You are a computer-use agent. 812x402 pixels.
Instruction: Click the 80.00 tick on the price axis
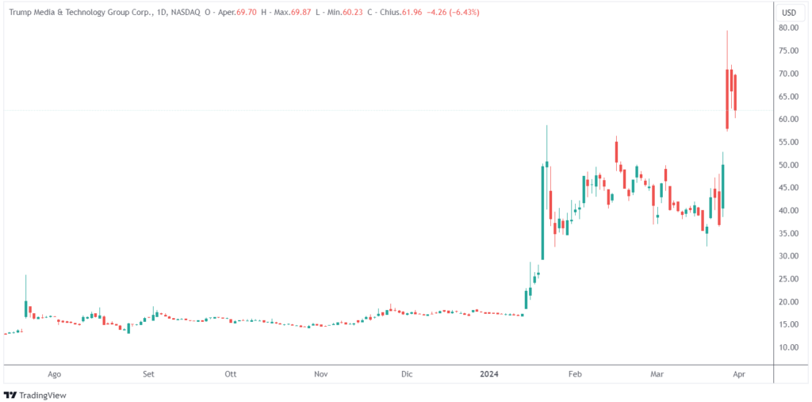pyautogui.click(x=787, y=28)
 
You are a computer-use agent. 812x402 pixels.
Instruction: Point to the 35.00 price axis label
pyautogui.click(x=787, y=234)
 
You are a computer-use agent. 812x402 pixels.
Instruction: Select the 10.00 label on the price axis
pyautogui.click(x=787, y=348)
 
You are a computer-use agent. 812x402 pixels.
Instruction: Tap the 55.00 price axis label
pyautogui.click(x=787, y=142)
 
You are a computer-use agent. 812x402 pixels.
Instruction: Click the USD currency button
pyautogui.click(x=789, y=13)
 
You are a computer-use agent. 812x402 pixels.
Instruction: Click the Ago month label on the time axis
pyautogui.click(x=55, y=373)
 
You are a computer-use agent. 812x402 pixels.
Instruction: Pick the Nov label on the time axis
pyautogui.click(x=320, y=373)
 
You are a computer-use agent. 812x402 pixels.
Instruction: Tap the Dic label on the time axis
pyautogui.click(x=407, y=373)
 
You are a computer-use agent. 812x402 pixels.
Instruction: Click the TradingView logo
pyautogui.click(x=36, y=395)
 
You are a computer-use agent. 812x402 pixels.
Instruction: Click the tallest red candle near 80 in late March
pyautogui.click(x=727, y=98)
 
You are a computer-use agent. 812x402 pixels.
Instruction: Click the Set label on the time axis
pyautogui.click(x=148, y=373)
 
